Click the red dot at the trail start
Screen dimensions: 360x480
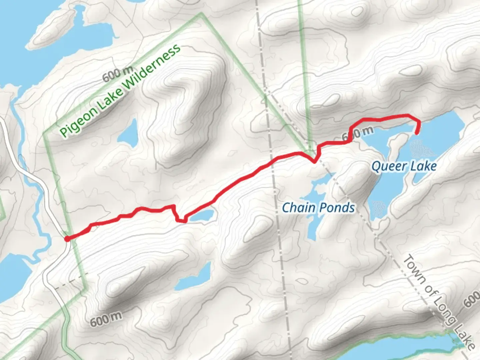tap(67, 239)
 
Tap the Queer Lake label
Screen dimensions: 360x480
tap(404, 166)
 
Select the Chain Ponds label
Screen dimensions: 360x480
tap(318, 208)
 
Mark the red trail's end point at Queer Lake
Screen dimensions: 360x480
tap(417, 133)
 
